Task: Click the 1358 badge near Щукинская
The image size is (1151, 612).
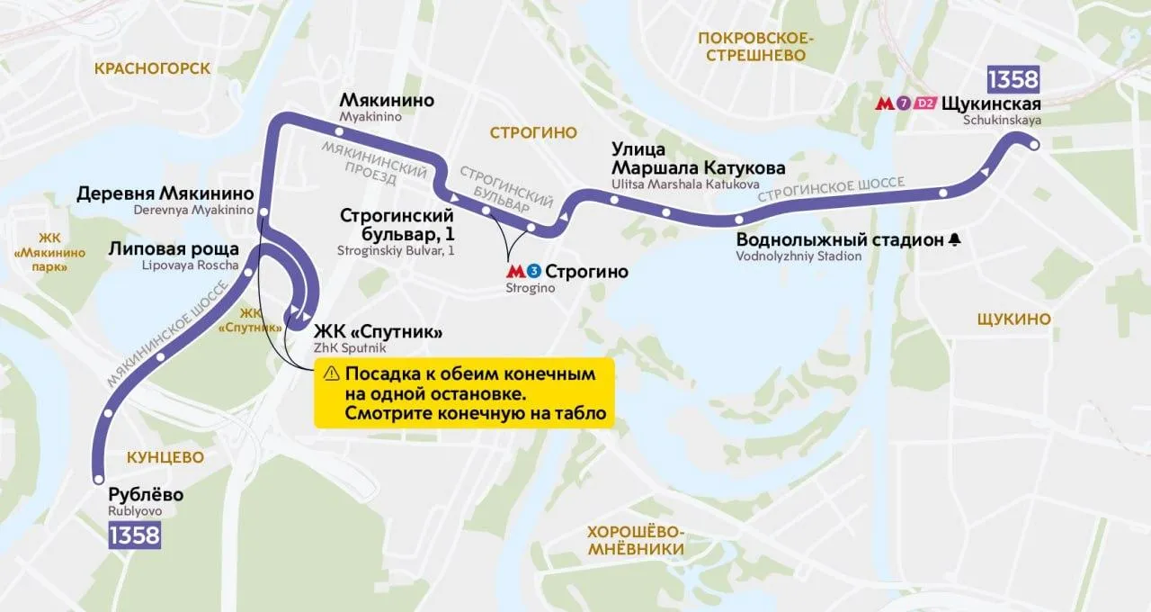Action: (1013, 79)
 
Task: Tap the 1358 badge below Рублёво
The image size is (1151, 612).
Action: (134, 535)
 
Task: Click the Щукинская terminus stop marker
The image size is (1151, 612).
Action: (1034, 144)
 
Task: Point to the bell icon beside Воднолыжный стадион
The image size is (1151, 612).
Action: (954, 239)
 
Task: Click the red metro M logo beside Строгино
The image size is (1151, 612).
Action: (515, 271)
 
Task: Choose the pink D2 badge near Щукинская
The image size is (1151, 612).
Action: (925, 103)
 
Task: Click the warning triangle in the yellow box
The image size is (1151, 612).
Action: (331, 373)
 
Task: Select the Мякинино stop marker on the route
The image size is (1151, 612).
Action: (340, 132)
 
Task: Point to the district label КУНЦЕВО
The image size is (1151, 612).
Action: (165, 457)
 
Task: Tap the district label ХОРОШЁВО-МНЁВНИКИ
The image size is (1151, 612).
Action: (635, 540)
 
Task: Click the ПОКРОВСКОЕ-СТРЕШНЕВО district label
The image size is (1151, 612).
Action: (755, 46)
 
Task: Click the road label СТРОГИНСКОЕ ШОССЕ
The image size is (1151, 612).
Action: (831, 189)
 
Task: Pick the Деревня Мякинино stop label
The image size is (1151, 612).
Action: (167, 193)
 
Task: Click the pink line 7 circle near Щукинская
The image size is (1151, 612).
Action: (904, 103)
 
